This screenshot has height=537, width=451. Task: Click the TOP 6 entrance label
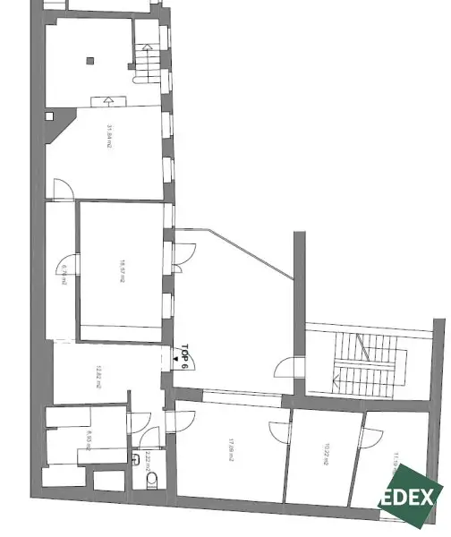point(185,357)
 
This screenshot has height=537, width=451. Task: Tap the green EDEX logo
point(411,498)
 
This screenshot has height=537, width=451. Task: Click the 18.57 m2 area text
point(122,271)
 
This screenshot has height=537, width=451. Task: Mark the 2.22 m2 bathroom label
point(146,461)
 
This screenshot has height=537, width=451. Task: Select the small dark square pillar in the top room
point(90,61)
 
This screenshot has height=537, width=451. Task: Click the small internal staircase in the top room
point(146,63)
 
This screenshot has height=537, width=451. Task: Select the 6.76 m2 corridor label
point(64,274)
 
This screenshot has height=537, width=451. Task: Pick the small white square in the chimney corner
point(52,115)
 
